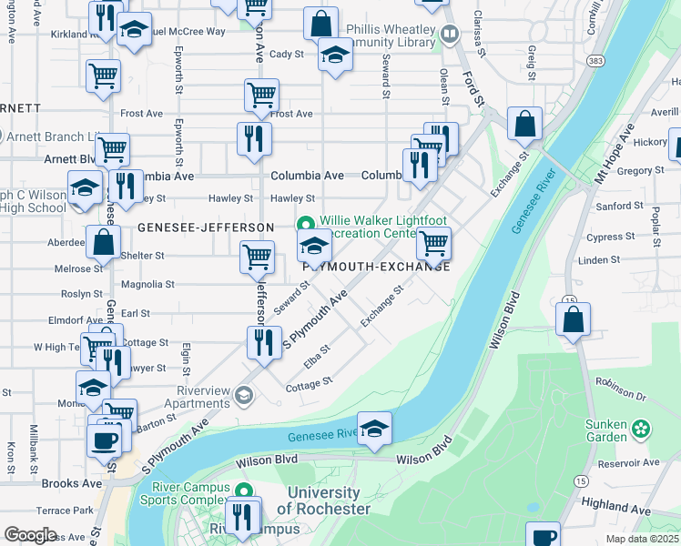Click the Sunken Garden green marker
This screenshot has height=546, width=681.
642,427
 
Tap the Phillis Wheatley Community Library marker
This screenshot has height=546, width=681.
449,35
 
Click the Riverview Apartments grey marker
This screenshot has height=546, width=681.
243,394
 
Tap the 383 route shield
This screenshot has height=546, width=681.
595,61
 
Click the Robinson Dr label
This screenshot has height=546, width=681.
620,398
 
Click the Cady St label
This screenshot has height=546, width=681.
286,55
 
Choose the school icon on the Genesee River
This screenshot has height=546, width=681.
374,429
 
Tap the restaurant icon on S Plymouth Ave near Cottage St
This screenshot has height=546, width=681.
262,343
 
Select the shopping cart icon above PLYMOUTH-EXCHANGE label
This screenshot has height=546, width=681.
434,243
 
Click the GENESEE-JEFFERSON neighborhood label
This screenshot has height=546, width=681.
206,227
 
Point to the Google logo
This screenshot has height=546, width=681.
29,535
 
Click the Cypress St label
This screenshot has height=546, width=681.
612,237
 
